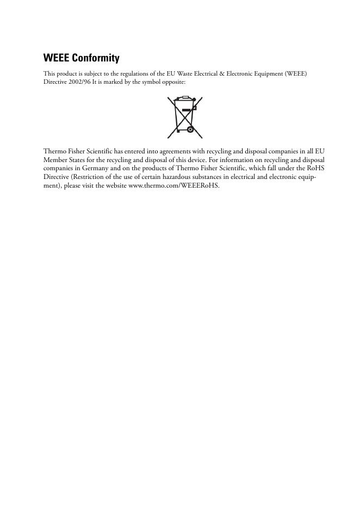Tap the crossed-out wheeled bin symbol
(x=185, y=117)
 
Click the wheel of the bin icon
(x=190, y=129)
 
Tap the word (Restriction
(x=83, y=177)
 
